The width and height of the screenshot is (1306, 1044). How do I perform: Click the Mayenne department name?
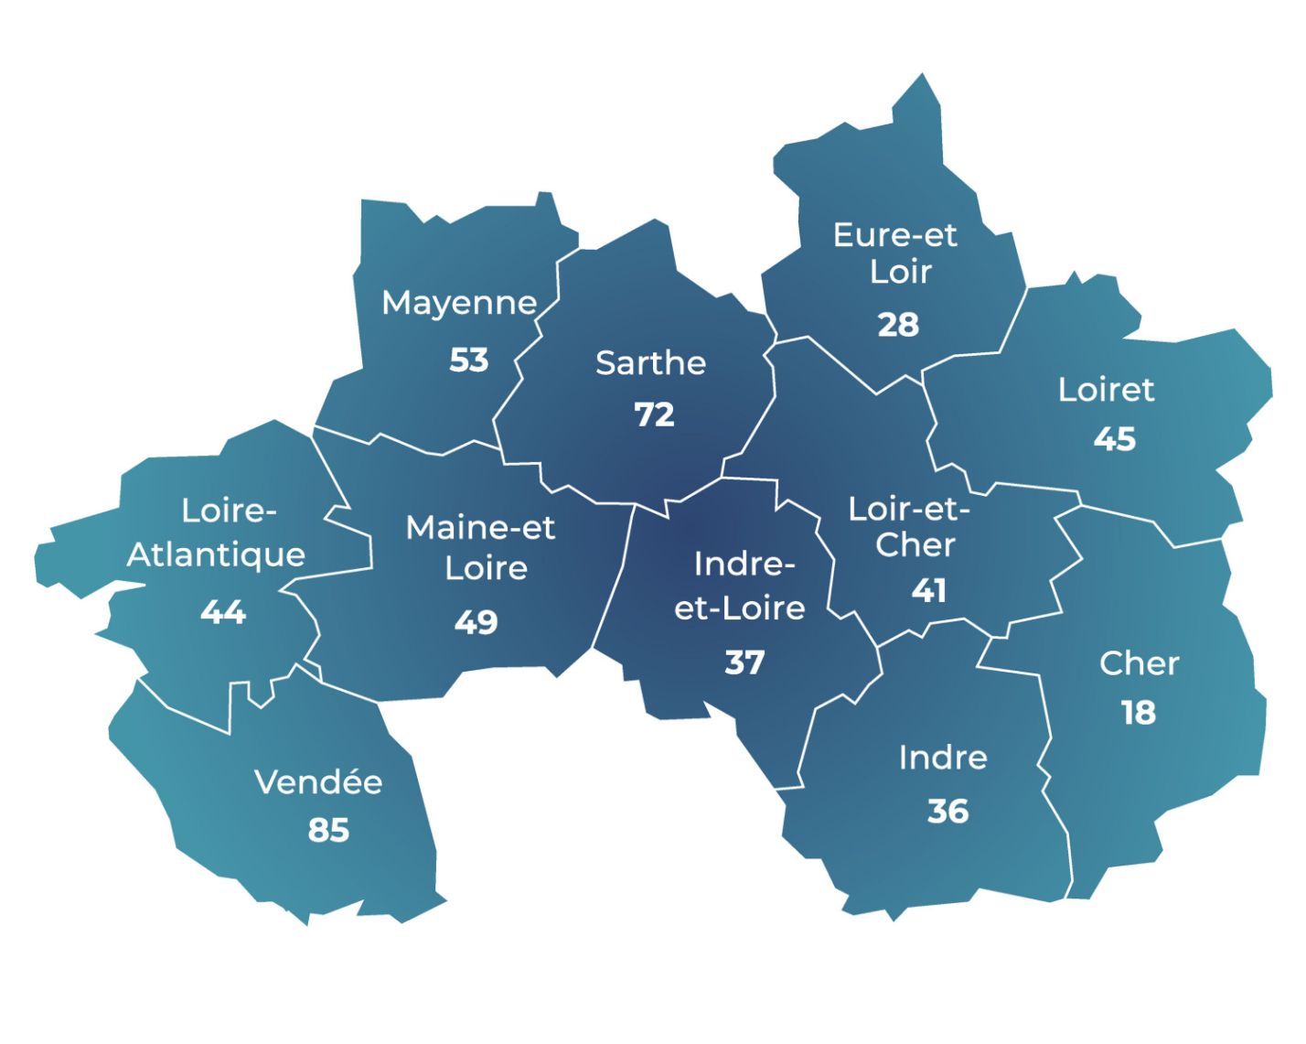tap(459, 303)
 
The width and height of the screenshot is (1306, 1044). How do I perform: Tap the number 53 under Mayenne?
tap(468, 361)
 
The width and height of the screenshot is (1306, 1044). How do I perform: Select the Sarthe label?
tap(650, 363)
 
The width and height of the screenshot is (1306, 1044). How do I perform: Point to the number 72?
tap(654, 414)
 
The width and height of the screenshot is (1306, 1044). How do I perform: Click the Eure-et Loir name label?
tap(895, 253)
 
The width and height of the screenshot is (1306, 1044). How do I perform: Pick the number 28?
tap(898, 325)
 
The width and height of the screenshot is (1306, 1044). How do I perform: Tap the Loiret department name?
tap(1106, 390)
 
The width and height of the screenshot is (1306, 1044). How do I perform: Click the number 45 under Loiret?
tap(1114, 439)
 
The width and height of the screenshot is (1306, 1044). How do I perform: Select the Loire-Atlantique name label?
tap(217, 533)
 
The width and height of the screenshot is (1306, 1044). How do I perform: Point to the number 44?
tap(223, 611)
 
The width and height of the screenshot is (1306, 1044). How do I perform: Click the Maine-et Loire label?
tap(481, 547)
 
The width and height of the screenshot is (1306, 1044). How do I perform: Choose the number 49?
tap(476, 622)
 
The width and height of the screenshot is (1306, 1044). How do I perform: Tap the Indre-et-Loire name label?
tap(740, 586)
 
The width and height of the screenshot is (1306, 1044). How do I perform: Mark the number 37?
tap(744, 662)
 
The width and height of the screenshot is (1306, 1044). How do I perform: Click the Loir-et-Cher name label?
tap(909, 526)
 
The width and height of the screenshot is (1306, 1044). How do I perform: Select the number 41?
tap(928, 591)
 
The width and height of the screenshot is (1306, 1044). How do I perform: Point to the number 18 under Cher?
tap(1139, 713)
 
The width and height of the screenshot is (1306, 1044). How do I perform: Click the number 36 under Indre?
tap(947, 811)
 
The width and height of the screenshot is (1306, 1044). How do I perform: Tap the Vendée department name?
tap(318, 782)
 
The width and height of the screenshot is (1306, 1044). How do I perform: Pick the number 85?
tap(328, 830)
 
